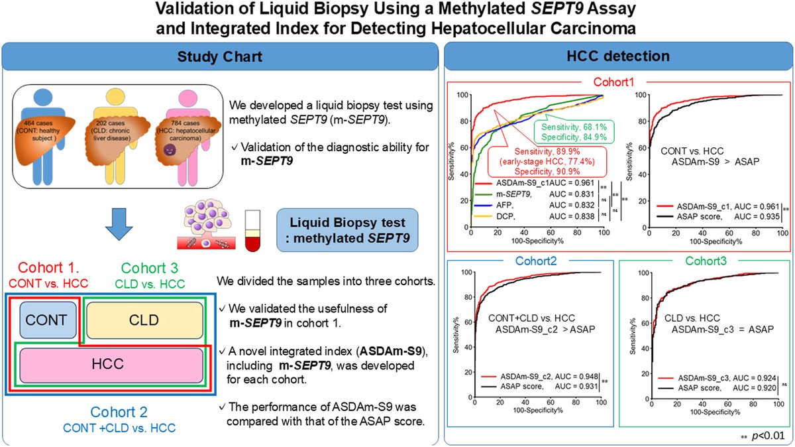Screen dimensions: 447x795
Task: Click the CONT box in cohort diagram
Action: click(x=48, y=320)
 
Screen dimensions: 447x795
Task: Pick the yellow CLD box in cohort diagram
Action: click(x=144, y=320)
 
